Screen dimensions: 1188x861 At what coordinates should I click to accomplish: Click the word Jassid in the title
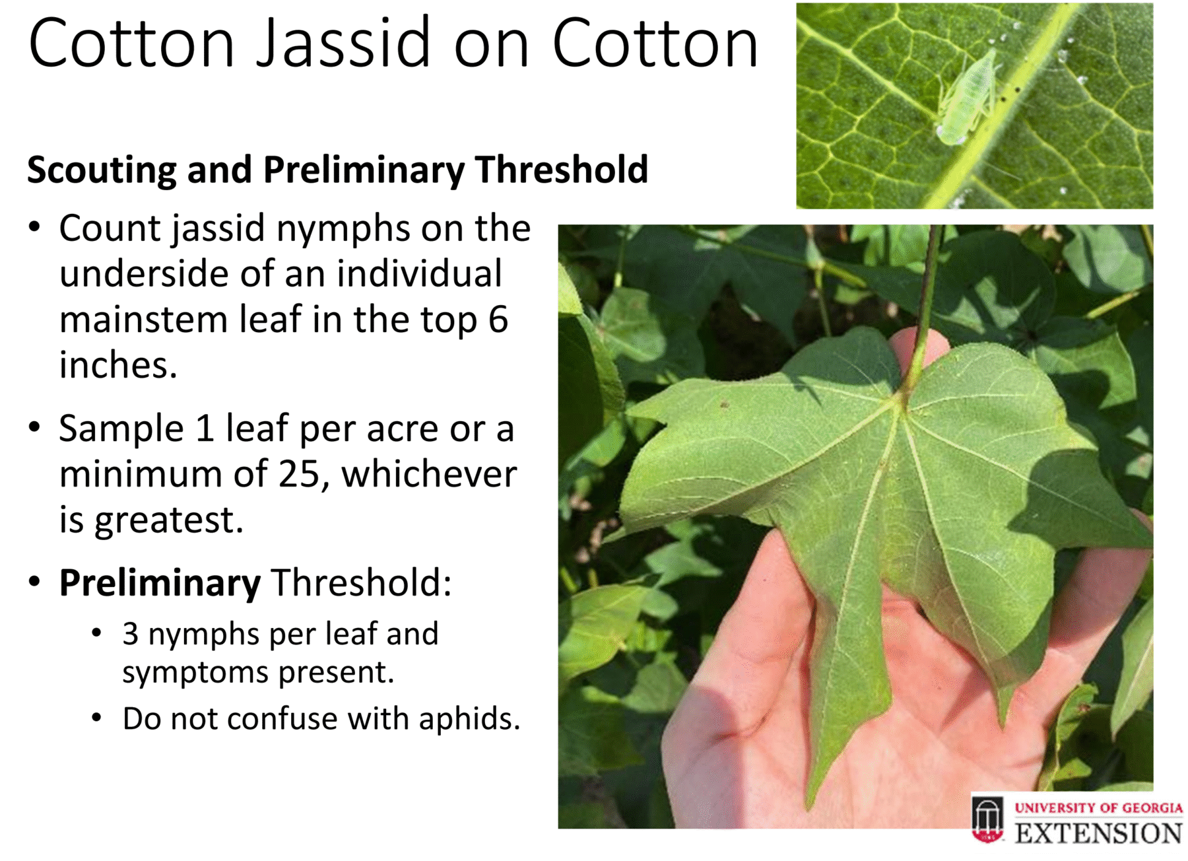[x=343, y=44]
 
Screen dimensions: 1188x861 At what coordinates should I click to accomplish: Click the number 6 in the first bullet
[x=498, y=320]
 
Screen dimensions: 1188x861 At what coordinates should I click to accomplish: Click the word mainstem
[x=143, y=320]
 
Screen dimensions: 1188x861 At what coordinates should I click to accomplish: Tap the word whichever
[x=429, y=473]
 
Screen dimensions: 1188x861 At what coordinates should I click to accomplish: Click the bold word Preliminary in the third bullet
[x=160, y=584]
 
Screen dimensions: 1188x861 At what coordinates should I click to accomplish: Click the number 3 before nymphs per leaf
[x=131, y=634]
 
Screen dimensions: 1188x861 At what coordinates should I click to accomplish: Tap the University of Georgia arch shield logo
[x=987, y=819]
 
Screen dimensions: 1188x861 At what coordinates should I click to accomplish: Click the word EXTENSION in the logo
[x=1098, y=833]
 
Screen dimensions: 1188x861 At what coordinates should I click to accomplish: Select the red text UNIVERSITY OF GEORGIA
[x=1098, y=808]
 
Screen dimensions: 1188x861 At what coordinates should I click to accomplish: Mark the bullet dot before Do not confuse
[x=97, y=718]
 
